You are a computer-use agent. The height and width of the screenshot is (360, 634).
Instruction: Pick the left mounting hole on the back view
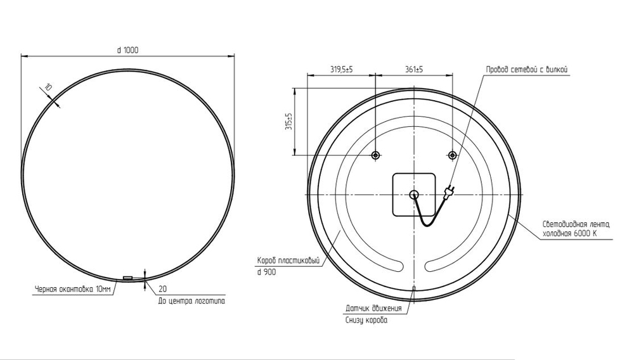click(x=375, y=155)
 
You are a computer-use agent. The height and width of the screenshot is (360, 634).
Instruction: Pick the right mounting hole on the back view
click(x=452, y=155)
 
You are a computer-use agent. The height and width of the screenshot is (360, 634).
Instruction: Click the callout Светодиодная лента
click(x=576, y=224)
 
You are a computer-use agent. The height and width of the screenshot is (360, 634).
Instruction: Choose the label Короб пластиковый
click(x=287, y=260)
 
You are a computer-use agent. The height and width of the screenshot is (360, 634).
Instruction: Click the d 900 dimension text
click(x=266, y=271)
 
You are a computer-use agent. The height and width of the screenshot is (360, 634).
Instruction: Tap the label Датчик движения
click(x=373, y=309)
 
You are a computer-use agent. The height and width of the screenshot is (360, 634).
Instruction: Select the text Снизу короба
click(x=366, y=320)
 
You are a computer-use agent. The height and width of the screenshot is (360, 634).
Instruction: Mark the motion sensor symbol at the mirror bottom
click(x=413, y=289)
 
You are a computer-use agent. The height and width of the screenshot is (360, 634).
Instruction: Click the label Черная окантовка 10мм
click(x=72, y=290)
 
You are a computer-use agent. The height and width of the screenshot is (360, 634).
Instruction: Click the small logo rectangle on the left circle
click(x=127, y=278)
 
